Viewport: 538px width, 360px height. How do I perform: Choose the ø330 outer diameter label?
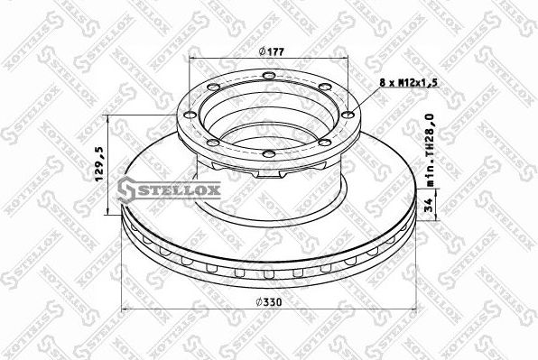pyautogui.click(x=267, y=301)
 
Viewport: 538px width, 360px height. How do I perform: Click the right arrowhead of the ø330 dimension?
pyautogui.click(x=414, y=309)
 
